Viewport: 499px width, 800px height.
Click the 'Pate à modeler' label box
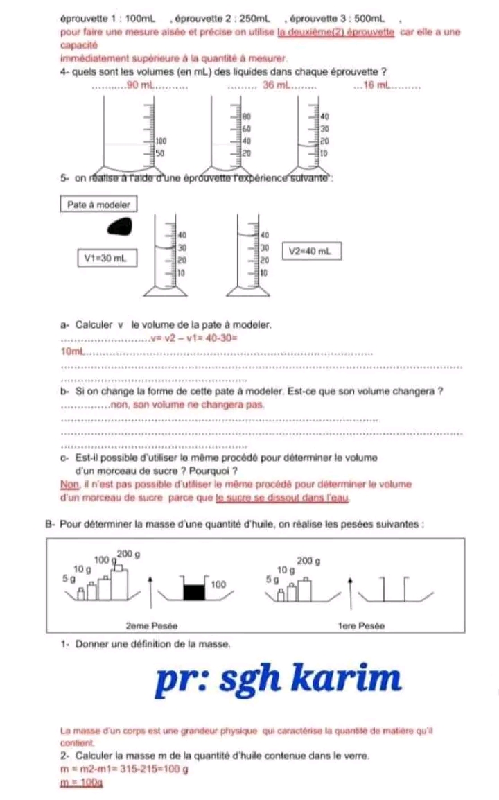click(98, 205)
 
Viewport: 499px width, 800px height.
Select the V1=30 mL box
click(106, 259)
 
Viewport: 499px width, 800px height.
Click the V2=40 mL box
click(311, 251)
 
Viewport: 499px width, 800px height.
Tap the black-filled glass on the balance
click(195, 591)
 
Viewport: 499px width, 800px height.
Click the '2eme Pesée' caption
click(152, 625)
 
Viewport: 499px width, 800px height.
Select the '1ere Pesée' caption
click(360, 625)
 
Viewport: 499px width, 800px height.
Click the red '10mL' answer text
click(73, 354)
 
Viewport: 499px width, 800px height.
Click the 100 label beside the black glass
click(218, 584)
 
